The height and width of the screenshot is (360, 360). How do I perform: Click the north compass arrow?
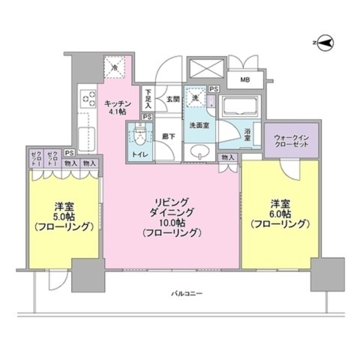pos(326,43)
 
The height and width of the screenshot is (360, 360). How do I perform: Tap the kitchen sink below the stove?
pos(86,137)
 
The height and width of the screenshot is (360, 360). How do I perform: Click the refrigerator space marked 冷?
pos(115,67)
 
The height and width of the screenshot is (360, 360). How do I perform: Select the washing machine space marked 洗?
pos(196,97)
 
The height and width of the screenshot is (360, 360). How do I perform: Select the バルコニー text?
pos(186,293)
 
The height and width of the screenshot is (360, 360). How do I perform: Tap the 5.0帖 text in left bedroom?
pos(64,217)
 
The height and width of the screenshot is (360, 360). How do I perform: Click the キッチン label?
pos(116,104)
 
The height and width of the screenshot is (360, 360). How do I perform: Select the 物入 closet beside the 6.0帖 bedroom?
pos(228,157)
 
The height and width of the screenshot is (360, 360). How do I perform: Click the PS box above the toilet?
pos(147,117)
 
